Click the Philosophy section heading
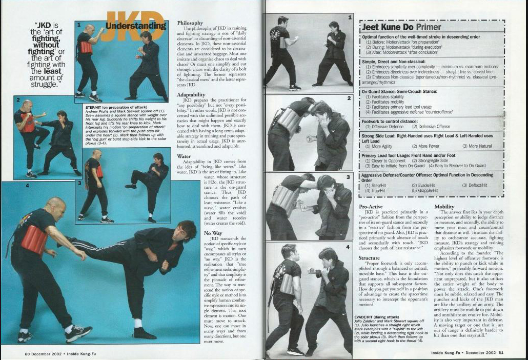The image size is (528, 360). (190, 23)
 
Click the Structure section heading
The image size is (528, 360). (369, 258)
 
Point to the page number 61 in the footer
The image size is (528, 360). (501, 353)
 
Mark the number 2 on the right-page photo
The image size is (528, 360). (349, 97)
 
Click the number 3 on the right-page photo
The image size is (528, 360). (348, 177)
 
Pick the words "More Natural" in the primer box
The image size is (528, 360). (477, 146)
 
